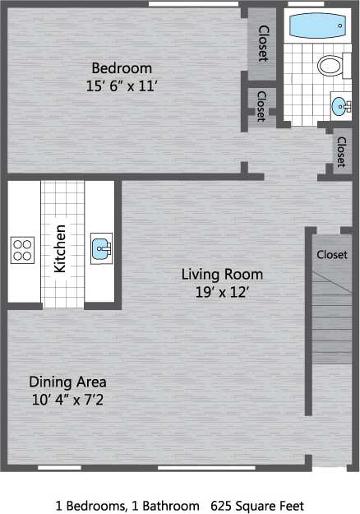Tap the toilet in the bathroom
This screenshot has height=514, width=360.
pyautogui.click(x=330, y=66)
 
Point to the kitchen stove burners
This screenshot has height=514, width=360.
pyautogui.click(x=22, y=248)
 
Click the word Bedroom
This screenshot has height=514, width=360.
pyautogui.click(x=122, y=67)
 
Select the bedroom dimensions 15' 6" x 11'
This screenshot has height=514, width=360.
pyautogui.click(x=122, y=85)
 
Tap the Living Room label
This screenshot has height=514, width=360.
pyautogui.click(x=222, y=274)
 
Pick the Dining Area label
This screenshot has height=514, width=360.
pyautogui.click(x=67, y=382)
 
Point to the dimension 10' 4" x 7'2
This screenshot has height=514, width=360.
pyautogui.click(x=67, y=400)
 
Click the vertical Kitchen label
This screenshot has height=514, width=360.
pyautogui.click(x=60, y=248)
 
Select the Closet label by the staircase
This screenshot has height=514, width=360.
pyautogui.click(x=332, y=254)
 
